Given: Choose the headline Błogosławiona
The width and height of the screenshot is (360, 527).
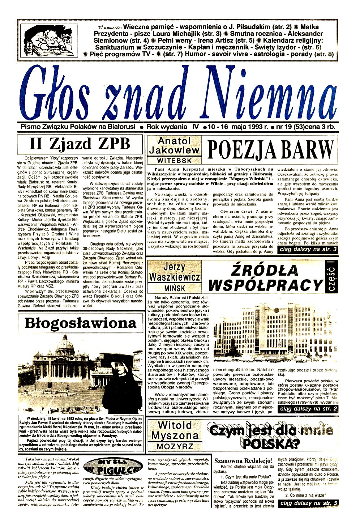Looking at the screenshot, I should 80,323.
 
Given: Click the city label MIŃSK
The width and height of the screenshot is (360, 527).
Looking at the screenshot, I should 174,288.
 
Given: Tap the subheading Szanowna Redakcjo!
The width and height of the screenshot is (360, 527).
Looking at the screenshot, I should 243,460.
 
